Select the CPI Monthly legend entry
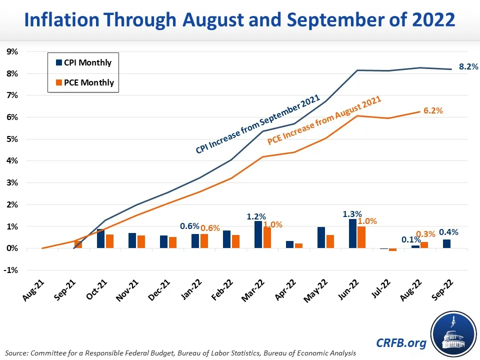(83, 63)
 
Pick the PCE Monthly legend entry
(83, 82)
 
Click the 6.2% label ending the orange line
(433, 111)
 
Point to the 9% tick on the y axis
(12, 51)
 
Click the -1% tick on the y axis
(11, 270)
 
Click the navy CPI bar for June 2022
(352, 233)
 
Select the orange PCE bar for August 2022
(424, 245)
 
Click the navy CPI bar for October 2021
(100, 238)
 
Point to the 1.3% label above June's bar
(349, 213)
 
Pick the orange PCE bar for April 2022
(298, 246)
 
